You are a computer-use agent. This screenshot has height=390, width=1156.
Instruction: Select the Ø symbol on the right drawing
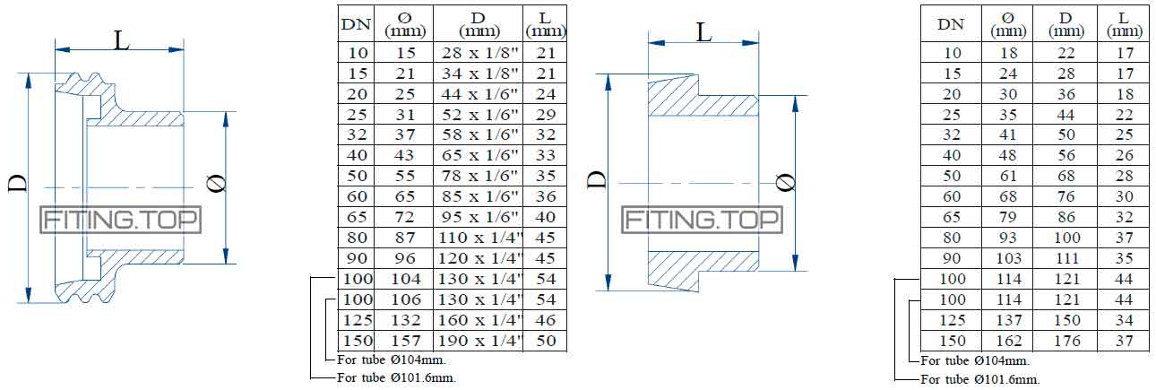point(787,182)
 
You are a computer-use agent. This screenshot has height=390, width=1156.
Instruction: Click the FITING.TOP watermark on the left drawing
point(122,220)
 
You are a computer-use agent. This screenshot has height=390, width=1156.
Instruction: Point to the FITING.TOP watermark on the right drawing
point(703,220)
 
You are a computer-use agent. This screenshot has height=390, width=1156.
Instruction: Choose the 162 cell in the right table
point(1008,341)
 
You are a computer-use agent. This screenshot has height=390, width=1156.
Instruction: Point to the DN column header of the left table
point(356,24)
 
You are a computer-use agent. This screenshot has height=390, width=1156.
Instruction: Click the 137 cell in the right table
point(1008,320)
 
